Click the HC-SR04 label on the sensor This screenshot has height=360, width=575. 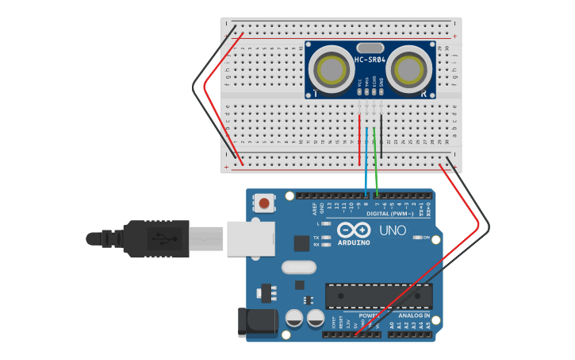370,60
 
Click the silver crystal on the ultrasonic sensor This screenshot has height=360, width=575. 370,48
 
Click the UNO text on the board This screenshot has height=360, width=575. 392,230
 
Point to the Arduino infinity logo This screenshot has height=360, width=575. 354,230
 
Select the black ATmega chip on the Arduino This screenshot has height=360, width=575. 378,296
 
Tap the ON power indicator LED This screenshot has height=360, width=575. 418,238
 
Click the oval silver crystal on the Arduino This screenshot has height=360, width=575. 299,268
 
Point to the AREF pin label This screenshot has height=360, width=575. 315,210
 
